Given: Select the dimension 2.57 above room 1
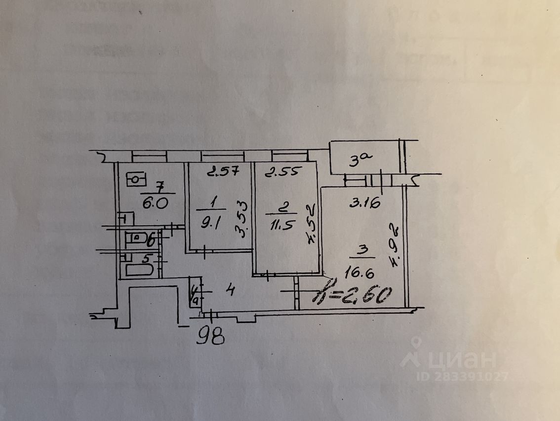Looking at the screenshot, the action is pos(223,172).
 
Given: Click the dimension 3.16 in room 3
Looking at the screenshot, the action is pos(365,202).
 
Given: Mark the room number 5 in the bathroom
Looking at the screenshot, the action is pos(146,258).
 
